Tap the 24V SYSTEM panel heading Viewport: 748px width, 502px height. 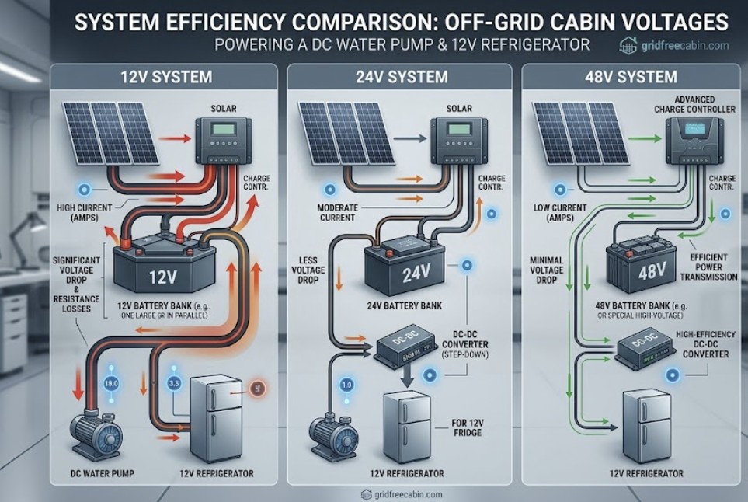tap(398, 77)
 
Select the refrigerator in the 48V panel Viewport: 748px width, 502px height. tap(647, 426)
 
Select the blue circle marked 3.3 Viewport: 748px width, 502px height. tap(175, 382)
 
